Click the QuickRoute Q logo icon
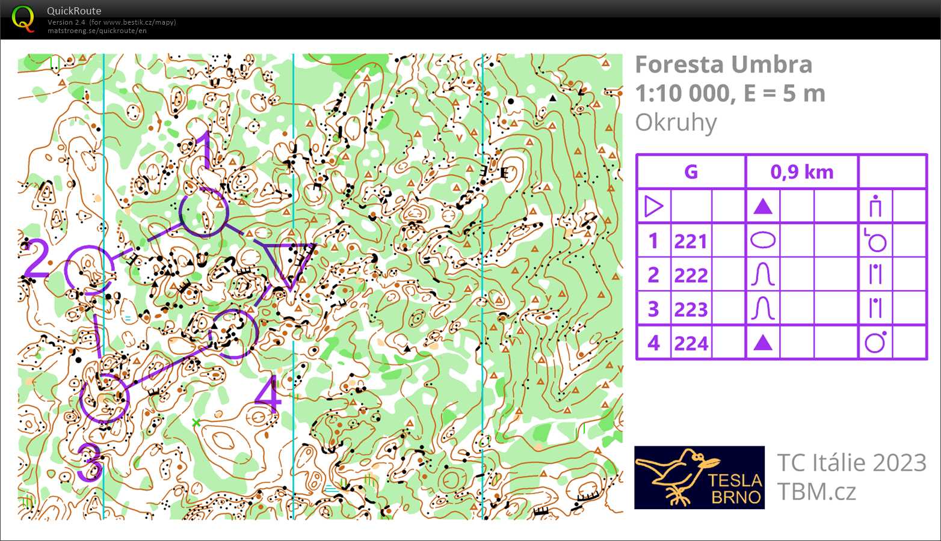23,19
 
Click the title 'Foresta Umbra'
723,64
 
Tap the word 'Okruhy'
676,123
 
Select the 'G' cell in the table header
691,172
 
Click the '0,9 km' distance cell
801,172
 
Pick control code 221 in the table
690,241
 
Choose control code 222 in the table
690,275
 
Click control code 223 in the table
690,309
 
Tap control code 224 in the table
690,343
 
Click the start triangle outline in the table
653,206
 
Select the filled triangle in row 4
762,343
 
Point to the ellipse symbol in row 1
763,240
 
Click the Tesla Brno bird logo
699,477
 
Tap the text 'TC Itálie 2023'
851,462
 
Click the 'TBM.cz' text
816,492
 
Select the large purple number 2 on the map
36,259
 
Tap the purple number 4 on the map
268,396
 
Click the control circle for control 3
105,398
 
